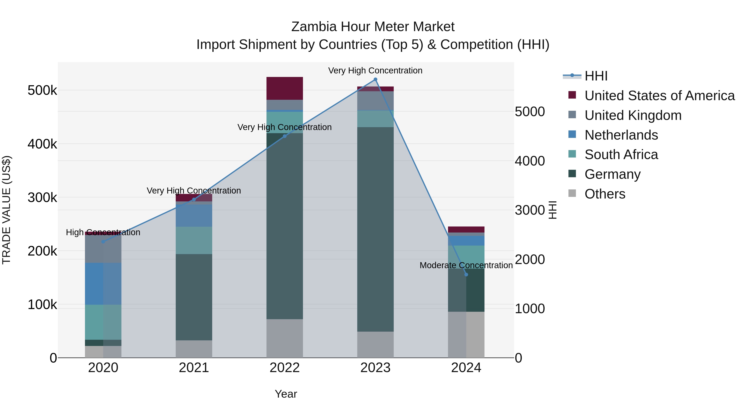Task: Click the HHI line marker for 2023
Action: click(375, 79)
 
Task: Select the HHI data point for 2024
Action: click(466, 274)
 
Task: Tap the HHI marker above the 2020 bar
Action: click(103, 241)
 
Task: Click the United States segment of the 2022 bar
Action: click(284, 88)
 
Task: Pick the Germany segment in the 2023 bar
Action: click(375, 229)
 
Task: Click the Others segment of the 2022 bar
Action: click(284, 338)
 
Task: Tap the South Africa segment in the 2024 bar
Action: click(466, 257)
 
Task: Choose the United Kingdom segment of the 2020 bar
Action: click(103, 249)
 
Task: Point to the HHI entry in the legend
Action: click(596, 76)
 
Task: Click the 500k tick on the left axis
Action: click(42, 90)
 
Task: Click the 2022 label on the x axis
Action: click(284, 368)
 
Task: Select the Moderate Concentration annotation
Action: click(466, 265)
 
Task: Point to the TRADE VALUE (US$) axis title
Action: click(6, 210)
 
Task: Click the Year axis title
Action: click(286, 394)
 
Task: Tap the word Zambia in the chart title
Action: click(314, 27)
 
